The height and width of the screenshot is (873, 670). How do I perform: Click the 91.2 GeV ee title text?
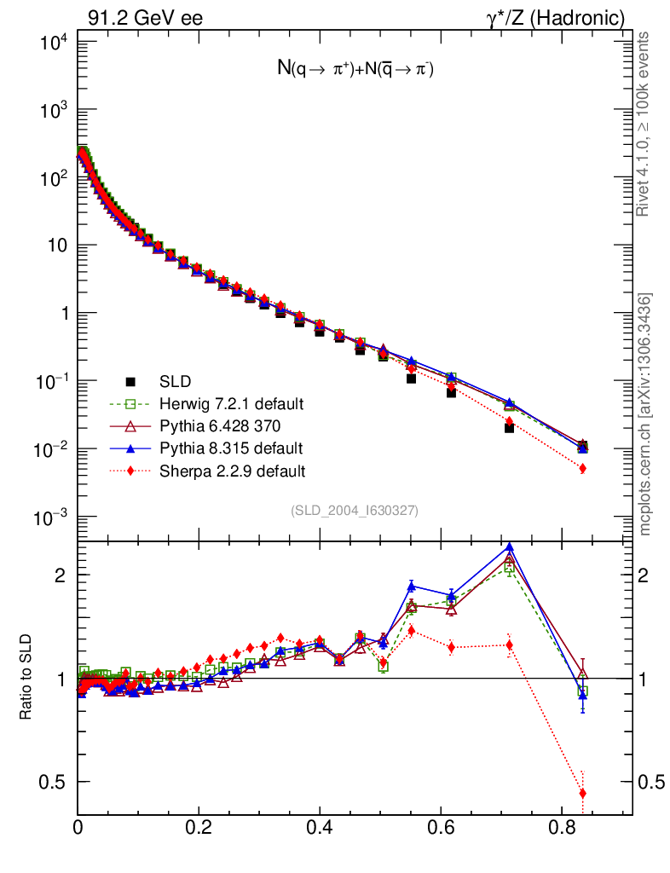pos(145,16)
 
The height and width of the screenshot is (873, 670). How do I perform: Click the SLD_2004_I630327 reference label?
pos(355,510)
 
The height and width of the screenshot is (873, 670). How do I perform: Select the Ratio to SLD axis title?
pos(26,677)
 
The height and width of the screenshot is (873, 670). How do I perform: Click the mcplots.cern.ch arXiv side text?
pos(646,414)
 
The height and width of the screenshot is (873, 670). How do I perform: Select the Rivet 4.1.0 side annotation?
pos(645,124)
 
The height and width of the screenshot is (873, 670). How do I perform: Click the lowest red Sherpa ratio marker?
pos(583,794)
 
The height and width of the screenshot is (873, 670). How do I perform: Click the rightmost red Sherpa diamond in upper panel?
pos(583,468)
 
